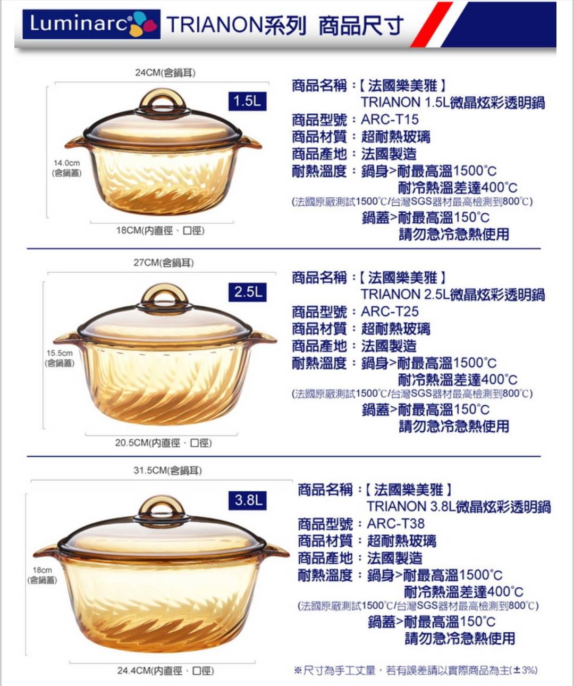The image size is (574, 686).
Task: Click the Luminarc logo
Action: click(x=91, y=24)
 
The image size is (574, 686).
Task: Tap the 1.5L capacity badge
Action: click(x=248, y=101)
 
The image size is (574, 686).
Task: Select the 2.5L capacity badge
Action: click(x=248, y=292)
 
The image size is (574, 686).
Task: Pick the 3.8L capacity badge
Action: click(x=248, y=500)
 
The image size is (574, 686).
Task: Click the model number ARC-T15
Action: click(x=390, y=120)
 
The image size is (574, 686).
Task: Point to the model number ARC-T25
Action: click(x=390, y=312)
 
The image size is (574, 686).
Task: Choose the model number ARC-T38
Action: click(x=396, y=524)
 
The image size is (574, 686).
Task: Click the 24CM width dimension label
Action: click(x=165, y=73)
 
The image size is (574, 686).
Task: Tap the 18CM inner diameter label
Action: click(x=161, y=231)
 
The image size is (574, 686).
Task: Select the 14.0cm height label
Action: click(x=66, y=168)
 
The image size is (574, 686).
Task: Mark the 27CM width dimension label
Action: click(x=164, y=263)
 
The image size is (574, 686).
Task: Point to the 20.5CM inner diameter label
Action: click(x=163, y=443)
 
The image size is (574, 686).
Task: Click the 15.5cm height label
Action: click(x=60, y=358)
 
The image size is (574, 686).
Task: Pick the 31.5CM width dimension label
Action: click(x=167, y=471)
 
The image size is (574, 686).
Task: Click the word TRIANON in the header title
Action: click(x=215, y=25)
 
